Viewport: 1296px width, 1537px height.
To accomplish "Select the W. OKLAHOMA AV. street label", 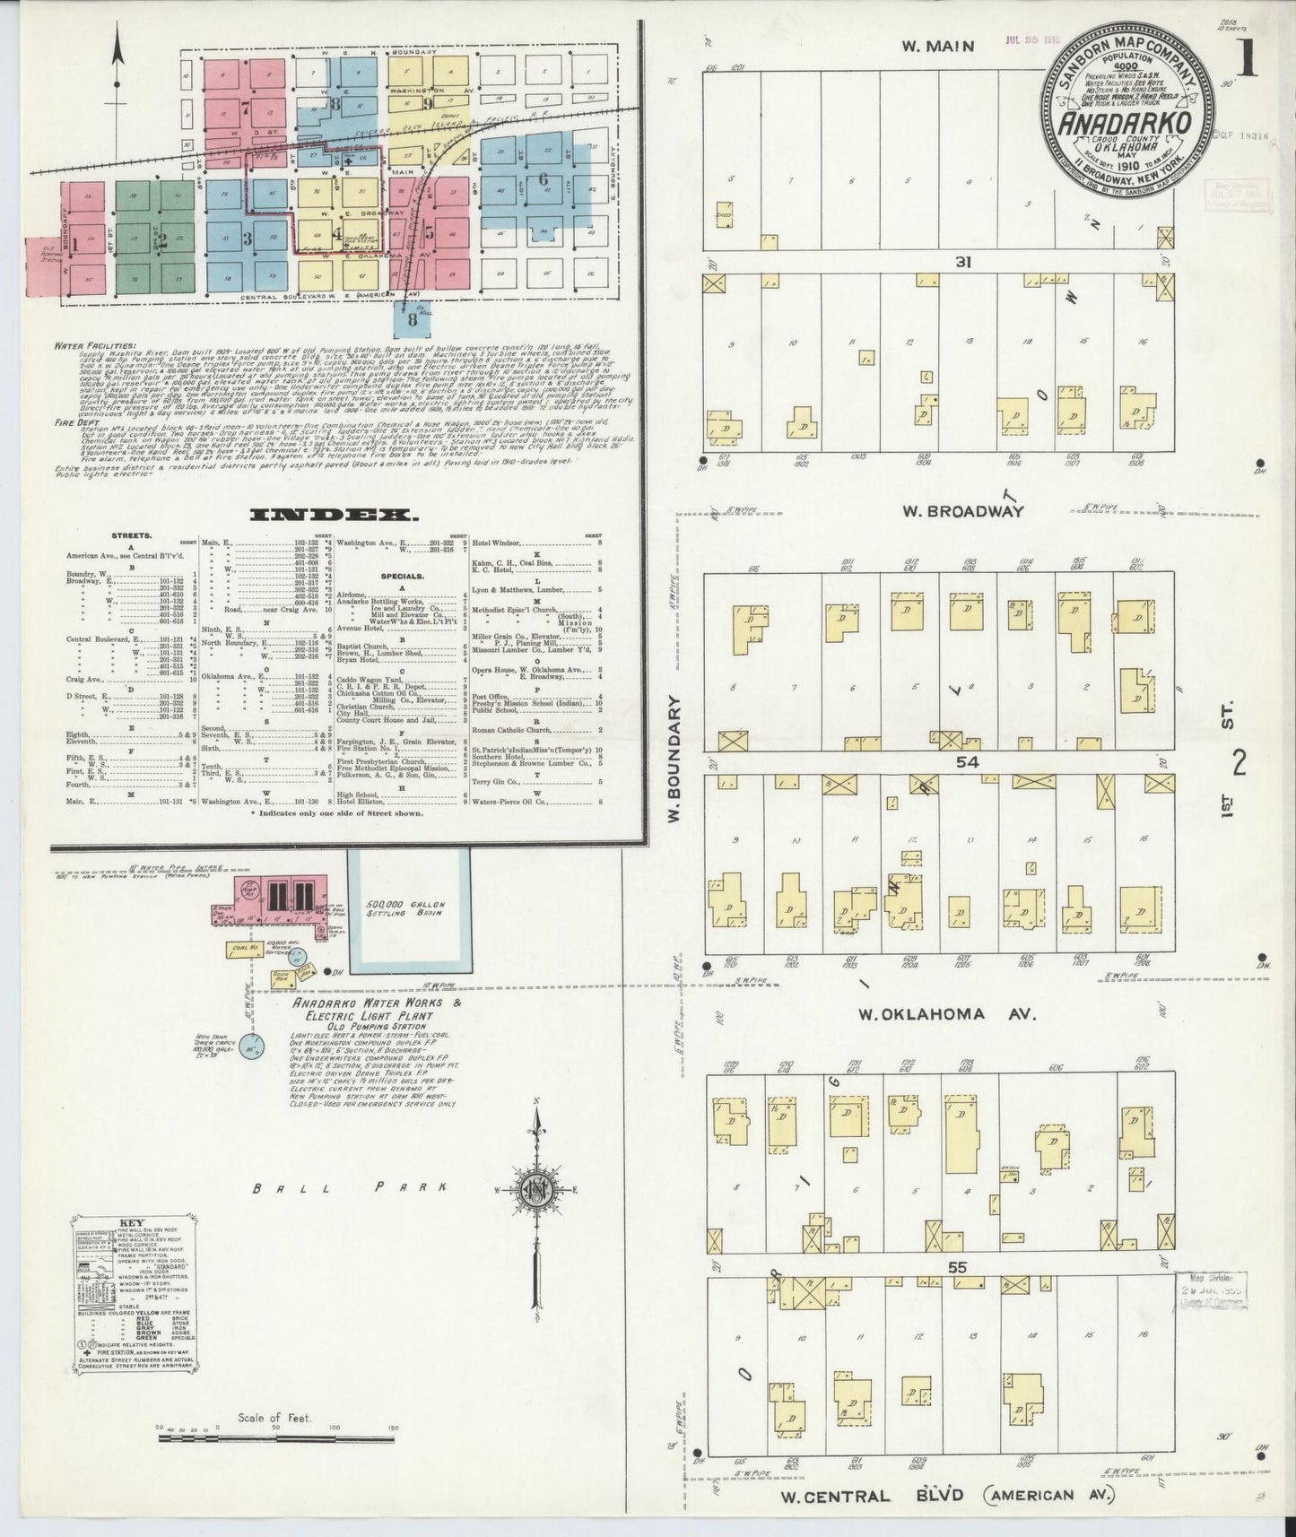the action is (x=946, y=1014).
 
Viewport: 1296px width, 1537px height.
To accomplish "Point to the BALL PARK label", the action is (x=351, y=1189).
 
